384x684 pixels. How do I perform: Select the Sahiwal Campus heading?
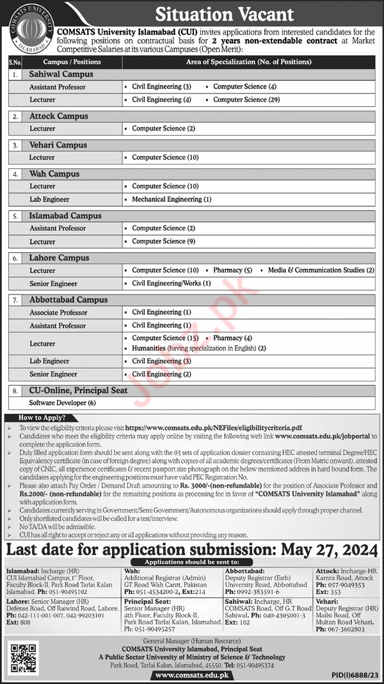pyautogui.click(x=61, y=74)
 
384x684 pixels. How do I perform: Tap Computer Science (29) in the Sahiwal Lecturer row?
pyautogui.click(x=246, y=100)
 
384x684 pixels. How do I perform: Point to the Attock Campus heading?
pyautogui.click(x=59, y=116)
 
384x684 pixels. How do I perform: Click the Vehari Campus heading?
pyautogui.click(x=58, y=145)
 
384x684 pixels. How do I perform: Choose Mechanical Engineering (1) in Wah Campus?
pyautogui.click(x=172, y=199)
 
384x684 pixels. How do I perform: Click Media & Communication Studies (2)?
pyautogui.click(x=321, y=270)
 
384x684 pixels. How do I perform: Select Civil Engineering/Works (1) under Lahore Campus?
pyautogui.click(x=171, y=283)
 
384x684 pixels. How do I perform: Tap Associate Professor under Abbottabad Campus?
pyautogui.click(x=58, y=312)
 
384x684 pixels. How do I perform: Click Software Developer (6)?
pyautogui.click(x=62, y=403)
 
